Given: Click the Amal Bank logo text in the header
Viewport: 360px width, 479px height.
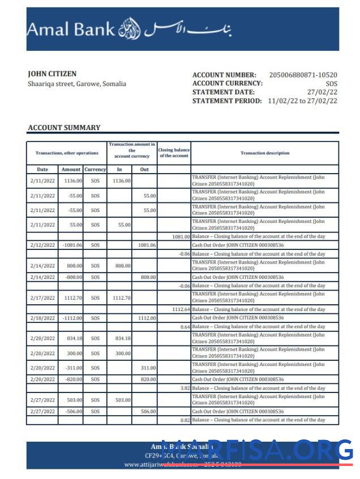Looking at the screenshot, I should [x=71, y=29].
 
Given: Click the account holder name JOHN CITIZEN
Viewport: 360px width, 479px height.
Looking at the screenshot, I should [x=52, y=74].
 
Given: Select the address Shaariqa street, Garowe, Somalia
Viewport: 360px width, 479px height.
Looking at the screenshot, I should [x=77, y=84].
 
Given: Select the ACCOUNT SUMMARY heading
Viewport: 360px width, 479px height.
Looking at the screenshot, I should [x=64, y=128].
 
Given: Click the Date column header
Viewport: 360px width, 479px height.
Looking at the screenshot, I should [x=42, y=169].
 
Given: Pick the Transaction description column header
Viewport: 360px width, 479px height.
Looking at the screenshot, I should [x=265, y=153].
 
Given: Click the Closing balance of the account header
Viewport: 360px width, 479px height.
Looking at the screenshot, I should [x=174, y=153].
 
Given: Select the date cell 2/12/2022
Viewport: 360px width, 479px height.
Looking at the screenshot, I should [x=42, y=245].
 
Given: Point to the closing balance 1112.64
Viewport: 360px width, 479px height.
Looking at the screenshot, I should [x=181, y=309].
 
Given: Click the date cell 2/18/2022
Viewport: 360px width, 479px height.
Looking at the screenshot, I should [x=42, y=318].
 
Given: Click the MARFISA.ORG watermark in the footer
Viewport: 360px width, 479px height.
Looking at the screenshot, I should [x=257, y=451].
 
